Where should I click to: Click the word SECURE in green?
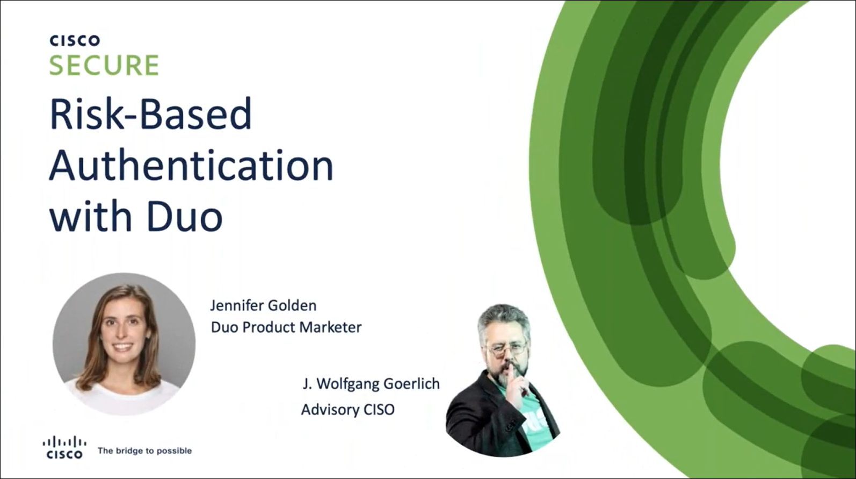[x=104, y=65]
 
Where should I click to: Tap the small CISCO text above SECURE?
[x=75, y=40]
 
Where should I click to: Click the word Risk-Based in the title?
[x=150, y=114]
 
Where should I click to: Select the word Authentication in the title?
[x=192, y=166]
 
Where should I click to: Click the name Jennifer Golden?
[x=263, y=305]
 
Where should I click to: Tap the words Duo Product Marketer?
[x=286, y=327]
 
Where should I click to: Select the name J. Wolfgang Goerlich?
[x=371, y=384]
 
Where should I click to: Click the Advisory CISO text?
[x=348, y=409]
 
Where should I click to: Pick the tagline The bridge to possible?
[x=145, y=451]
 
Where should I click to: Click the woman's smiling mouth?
[x=122, y=347]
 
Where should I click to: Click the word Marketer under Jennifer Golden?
[x=330, y=327]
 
